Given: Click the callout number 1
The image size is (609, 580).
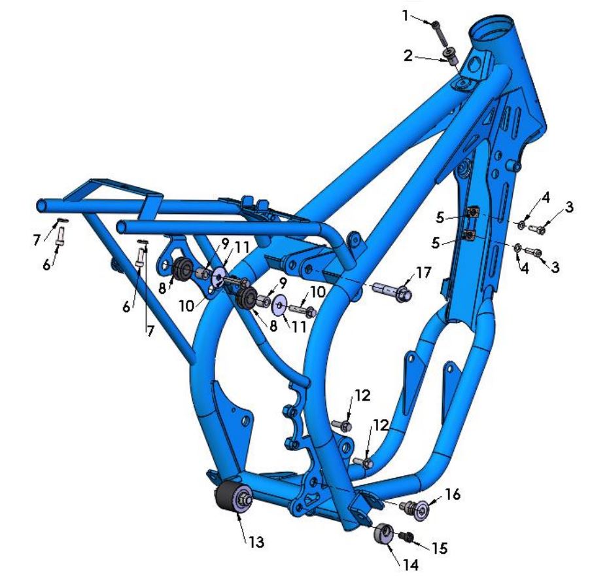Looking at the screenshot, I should point(405,14).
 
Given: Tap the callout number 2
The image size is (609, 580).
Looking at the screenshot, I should point(408,56).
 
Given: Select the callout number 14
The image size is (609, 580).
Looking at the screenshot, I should point(410,564).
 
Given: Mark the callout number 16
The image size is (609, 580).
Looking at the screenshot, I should point(453,495).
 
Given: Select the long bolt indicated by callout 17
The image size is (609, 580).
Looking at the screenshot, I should point(392,289).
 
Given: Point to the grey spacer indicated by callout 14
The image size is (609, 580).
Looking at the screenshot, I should point(383,533).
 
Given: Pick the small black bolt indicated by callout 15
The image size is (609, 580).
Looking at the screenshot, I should point(406,537).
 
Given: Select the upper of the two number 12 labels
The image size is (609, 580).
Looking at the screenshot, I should point(362,395).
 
